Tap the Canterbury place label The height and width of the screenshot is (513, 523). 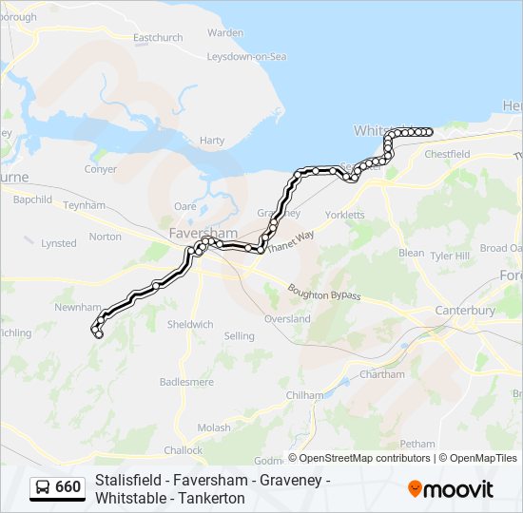[464, 311]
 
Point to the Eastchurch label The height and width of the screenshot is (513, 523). [158, 38]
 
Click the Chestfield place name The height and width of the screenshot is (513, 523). [447, 154]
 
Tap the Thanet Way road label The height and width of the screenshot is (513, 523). [290, 242]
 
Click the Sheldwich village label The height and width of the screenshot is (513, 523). [190, 324]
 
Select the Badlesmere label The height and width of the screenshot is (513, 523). [183, 381]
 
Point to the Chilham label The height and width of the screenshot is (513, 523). [304, 395]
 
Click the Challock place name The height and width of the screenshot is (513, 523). [183, 450]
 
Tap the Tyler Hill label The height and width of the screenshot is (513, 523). [450, 256]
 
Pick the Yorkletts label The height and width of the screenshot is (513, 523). [344, 215]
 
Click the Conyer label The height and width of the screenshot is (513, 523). [100, 169]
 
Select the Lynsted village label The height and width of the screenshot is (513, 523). [59, 243]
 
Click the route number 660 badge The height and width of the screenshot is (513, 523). [68, 487]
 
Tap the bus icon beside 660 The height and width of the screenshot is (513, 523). [43, 487]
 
